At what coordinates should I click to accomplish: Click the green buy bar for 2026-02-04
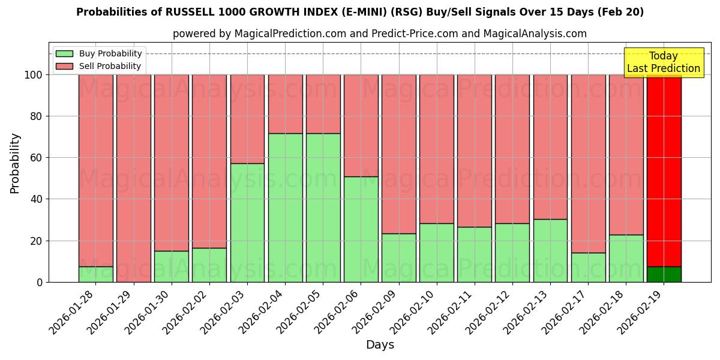point(285,208)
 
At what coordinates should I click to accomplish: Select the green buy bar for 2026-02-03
point(247,223)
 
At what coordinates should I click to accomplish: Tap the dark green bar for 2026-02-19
point(664,274)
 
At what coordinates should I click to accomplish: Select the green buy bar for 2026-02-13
point(550,250)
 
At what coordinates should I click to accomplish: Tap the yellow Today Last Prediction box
point(663,62)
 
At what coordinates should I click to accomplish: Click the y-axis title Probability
point(15,163)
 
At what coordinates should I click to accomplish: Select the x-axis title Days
point(380,345)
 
